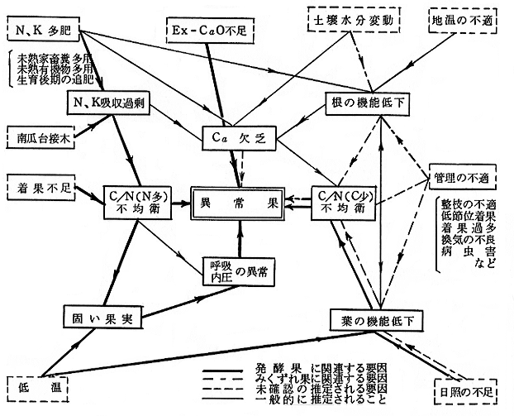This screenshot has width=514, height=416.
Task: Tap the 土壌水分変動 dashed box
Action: point(346,18)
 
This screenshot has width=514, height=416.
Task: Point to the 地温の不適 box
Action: point(462,18)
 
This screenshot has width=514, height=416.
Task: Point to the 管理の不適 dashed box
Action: point(463,179)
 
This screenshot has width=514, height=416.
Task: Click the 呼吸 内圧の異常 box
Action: point(237,270)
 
